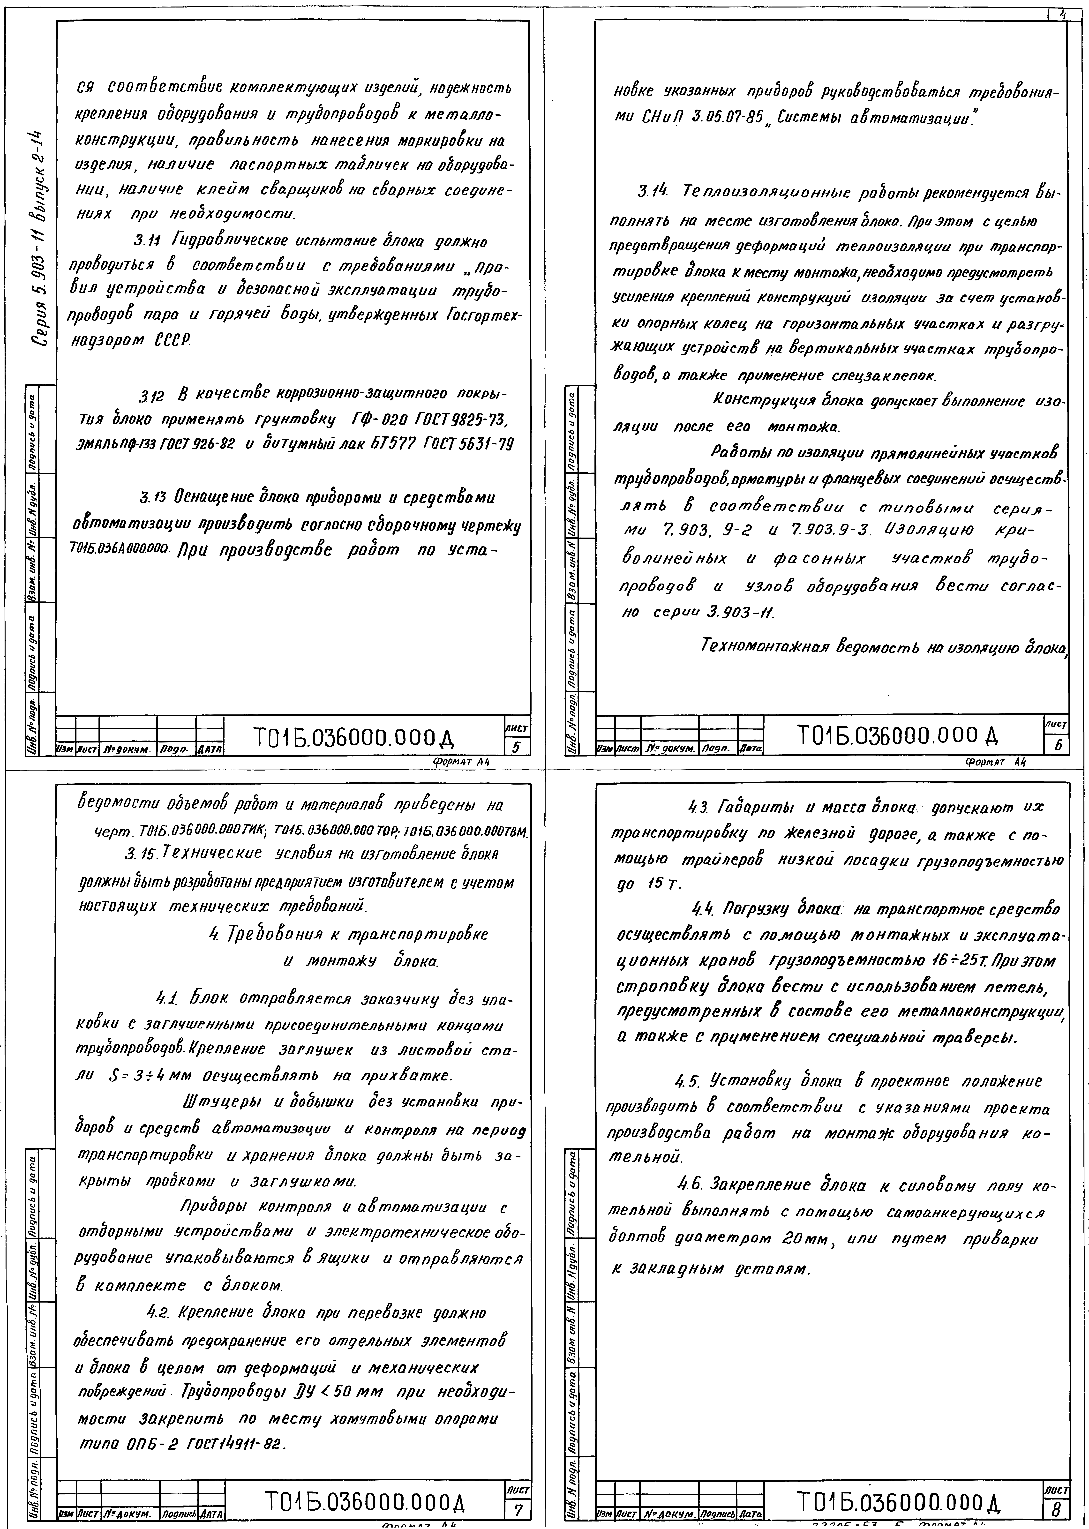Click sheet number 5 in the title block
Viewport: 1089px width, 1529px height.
(x=516, y=746)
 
